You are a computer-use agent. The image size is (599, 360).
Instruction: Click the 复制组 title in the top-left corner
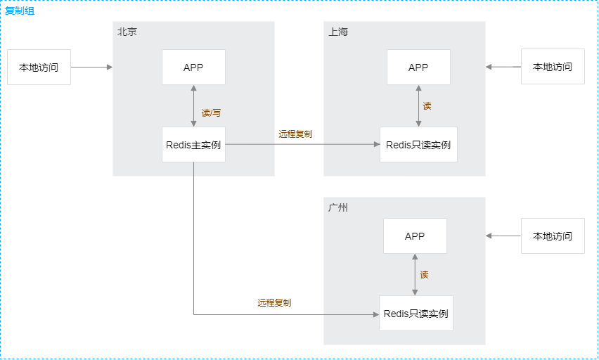pos(20,11)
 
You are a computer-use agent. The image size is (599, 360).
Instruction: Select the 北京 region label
pos(127,32)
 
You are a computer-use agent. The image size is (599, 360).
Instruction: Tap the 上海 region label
pos(337,32)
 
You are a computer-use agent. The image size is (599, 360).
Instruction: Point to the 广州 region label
pos(337,207)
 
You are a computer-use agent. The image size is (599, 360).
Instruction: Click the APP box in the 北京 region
pos(193,67)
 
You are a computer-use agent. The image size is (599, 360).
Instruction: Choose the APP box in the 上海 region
pos(418,67)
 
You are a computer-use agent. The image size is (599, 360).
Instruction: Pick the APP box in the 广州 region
pos(415,236)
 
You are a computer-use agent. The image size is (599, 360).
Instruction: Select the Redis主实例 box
pos(193,145)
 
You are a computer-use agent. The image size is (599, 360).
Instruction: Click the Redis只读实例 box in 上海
pos(418,145)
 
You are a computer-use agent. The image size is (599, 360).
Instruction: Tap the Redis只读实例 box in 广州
pos(416,314)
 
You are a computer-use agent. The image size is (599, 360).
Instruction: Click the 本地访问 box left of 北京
pos(39,67)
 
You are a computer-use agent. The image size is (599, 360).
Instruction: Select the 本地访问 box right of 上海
pos(553,67)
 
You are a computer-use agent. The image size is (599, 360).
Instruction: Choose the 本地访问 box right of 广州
pos(553,236)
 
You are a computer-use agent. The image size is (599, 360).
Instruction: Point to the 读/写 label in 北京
pos(211,112)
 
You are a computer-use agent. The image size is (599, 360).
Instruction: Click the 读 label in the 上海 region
pos(427,106)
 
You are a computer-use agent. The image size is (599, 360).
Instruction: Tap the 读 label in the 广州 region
pos(424,274)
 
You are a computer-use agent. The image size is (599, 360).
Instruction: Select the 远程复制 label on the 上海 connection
pos(295,134)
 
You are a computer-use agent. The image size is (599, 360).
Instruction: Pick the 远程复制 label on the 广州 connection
pos(274,302)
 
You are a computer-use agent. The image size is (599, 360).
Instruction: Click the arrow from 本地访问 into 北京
pos(91,67)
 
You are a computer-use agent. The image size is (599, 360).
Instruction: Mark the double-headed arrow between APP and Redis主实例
pos(193,106)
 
